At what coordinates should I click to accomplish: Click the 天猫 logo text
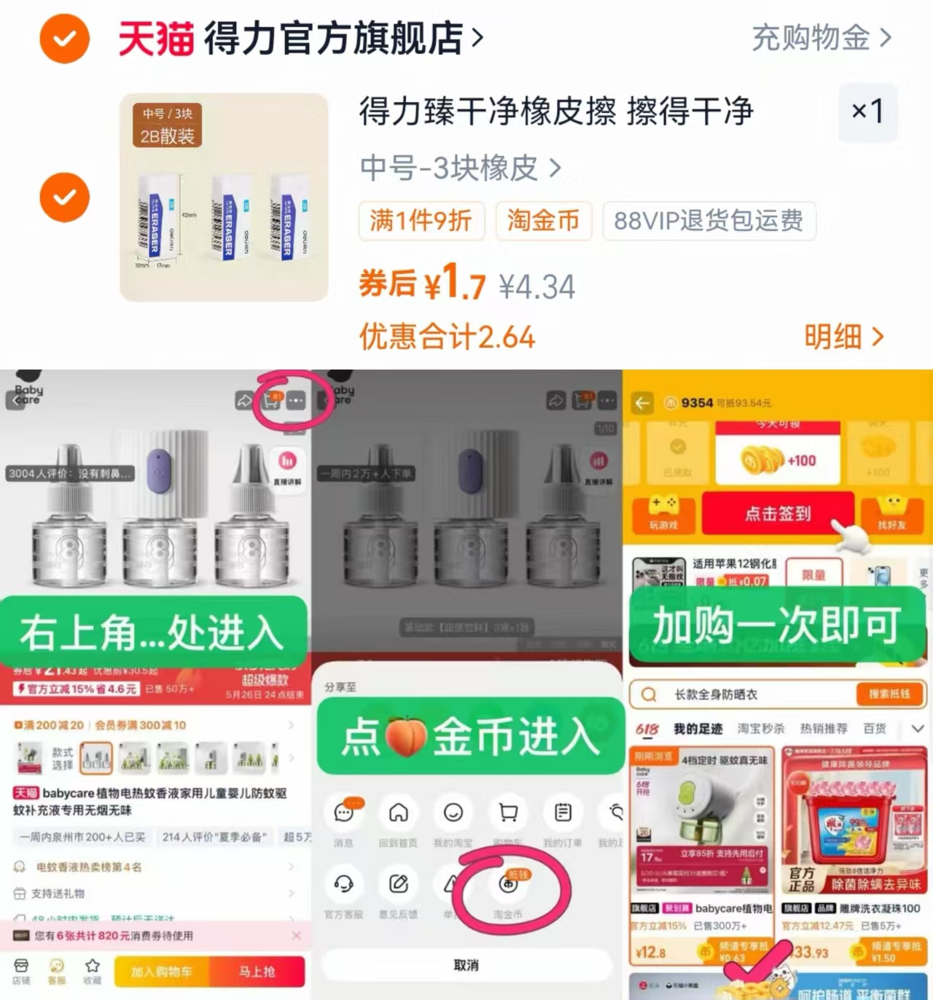coord(156,38)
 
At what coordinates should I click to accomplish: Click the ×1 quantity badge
coord(867,112)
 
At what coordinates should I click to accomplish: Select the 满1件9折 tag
coord(421,220)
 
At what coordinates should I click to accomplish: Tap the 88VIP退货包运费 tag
coord(708,220)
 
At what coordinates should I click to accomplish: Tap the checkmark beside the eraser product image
coord(65,198)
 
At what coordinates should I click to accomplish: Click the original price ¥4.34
coord(537,286)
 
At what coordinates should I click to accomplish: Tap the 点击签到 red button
coord(778,514)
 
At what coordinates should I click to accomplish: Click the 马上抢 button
coord(257,972)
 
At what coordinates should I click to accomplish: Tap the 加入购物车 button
coord(162,972)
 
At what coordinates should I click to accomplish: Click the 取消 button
coord(466,965)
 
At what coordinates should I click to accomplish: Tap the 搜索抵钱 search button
coord(889,694)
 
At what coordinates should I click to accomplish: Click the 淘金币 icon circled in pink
coord(508,884)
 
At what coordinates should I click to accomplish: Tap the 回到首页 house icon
coord(398,812)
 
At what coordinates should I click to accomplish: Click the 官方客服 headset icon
coord(343,884)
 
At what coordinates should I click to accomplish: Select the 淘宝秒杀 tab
coord(761,728)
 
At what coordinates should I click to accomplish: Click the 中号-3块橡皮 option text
coord(449,168)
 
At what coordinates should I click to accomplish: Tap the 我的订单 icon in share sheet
coord(563,812)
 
